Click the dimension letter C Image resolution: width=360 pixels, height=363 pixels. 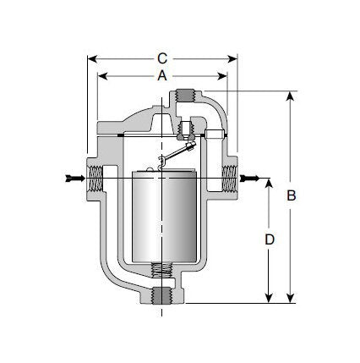[162, 58]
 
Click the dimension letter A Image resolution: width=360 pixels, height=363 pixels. [162, 75]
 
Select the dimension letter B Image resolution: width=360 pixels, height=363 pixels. [292, 195]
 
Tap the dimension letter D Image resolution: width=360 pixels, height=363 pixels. [270, 239]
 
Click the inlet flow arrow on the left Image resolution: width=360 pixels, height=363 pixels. [75, 179]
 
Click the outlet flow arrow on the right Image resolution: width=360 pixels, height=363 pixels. [249, 179]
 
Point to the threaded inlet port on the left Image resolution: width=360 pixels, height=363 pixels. [95, 178]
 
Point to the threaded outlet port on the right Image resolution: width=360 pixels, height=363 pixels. [229, 178]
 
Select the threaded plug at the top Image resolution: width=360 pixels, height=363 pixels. [185, 96]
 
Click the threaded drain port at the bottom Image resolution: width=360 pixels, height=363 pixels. [161, 296]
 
